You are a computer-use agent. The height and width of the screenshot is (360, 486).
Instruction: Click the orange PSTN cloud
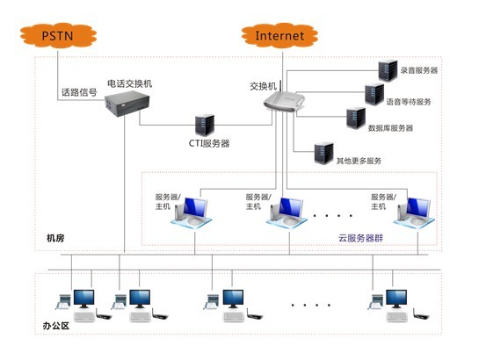point(58,36)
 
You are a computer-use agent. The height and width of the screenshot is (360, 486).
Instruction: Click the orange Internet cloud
point(279,36)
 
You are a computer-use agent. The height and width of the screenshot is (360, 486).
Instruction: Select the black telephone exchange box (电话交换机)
point(127,104)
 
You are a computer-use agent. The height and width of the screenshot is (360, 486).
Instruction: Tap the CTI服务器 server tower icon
point(205,125)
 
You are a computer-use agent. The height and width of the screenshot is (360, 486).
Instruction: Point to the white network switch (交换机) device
point(284,101)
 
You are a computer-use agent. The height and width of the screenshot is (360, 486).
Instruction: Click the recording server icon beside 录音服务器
point(388,71)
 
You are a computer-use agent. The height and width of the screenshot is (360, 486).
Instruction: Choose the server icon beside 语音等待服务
point(374,95)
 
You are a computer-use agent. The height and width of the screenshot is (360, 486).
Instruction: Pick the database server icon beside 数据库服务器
point(356,118)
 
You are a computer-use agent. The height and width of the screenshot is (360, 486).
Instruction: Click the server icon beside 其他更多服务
point(324,154)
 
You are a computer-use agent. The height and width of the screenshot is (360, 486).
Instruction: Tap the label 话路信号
point(79,92)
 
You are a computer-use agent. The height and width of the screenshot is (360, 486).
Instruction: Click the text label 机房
point(55,238)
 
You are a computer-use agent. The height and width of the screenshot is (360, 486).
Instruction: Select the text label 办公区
point(55,326)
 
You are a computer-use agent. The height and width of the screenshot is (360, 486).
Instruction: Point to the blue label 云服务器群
point(361,238)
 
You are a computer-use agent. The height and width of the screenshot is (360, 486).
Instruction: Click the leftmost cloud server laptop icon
point(192,212)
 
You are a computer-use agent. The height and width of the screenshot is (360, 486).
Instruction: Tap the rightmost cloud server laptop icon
point(414,212)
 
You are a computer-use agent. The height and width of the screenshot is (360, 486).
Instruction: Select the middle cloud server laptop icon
point(287,212)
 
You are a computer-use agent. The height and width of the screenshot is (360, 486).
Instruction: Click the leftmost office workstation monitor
point(84,299)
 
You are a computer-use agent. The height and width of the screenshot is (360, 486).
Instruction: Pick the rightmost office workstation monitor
point(396,299)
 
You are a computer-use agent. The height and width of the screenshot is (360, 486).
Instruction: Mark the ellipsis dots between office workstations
point(311,306)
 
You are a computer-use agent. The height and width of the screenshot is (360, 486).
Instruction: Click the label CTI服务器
point(209,143)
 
